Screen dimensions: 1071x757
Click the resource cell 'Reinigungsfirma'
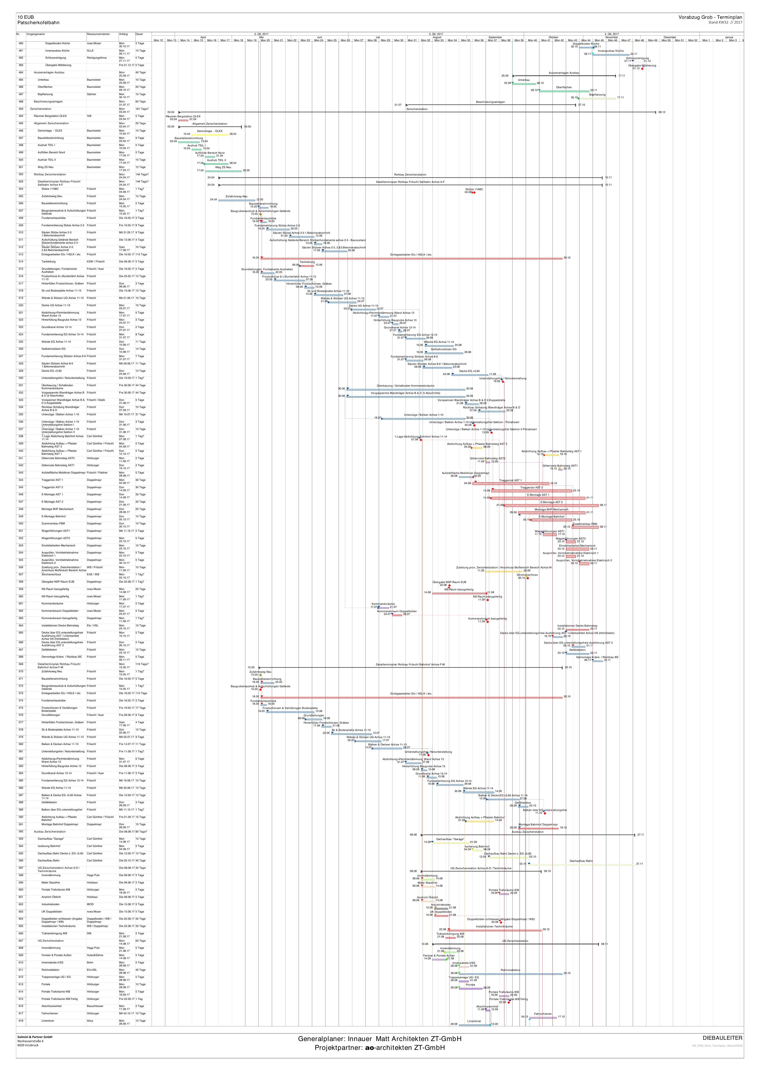click(x=97, y=58)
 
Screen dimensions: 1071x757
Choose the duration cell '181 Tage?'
click(x=142, y=109)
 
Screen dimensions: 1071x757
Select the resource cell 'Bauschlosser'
click(x=95, y=1006)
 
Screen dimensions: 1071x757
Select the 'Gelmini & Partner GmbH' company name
click(x=35, y=1037)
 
